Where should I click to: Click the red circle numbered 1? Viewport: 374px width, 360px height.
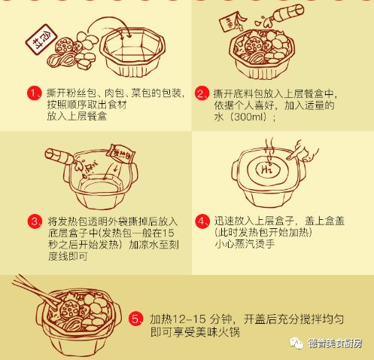coord(34,93)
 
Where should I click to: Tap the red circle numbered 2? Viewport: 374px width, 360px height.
coord(202,93)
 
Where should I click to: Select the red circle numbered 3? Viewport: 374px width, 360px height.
coord(34,221)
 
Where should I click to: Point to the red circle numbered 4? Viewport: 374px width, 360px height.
coord(202,221)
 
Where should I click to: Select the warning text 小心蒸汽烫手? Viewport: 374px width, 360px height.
coord(248,243)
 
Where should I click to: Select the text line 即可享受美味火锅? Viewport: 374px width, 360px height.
coord(204,331)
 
